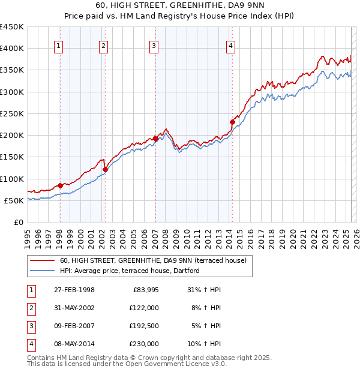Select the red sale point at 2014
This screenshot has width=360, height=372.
click(232, 122)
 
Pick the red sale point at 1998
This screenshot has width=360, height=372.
click(60, 185)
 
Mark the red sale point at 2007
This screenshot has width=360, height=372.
click(155, 139)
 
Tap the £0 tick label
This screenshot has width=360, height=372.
click(18, 222)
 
